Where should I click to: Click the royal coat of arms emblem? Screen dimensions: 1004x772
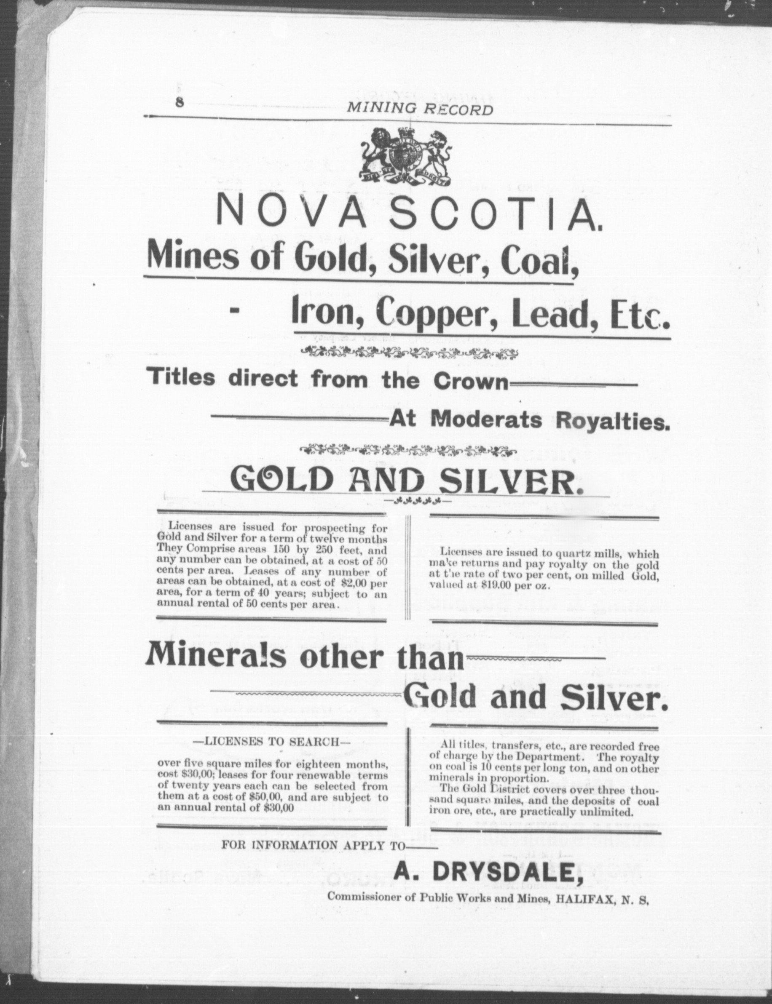(x=405, y=157)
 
